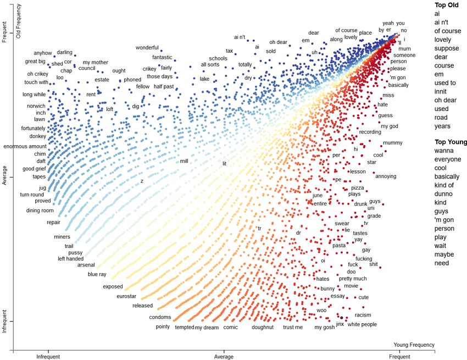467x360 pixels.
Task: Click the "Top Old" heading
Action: coord(446,5)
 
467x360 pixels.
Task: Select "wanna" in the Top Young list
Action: coord(443,151)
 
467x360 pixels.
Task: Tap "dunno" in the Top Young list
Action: coord(443,194)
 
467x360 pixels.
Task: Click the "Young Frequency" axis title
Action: coord(414,345)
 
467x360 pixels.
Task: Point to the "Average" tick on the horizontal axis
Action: coord(224,357)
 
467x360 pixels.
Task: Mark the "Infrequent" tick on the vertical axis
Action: coord(4,321)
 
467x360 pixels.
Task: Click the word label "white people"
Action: coord(362,325)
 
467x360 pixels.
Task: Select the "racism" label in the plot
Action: coord(363,315)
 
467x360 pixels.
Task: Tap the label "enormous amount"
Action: coord(25,146)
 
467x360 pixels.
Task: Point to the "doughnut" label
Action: coord(263,328)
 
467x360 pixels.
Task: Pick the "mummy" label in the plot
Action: coord(392,143)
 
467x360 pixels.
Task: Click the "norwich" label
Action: coord(36,106)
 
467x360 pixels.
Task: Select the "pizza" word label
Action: coord(357,188)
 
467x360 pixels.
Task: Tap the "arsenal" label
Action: coord(86,265)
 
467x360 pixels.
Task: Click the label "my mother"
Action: coord(96,63)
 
